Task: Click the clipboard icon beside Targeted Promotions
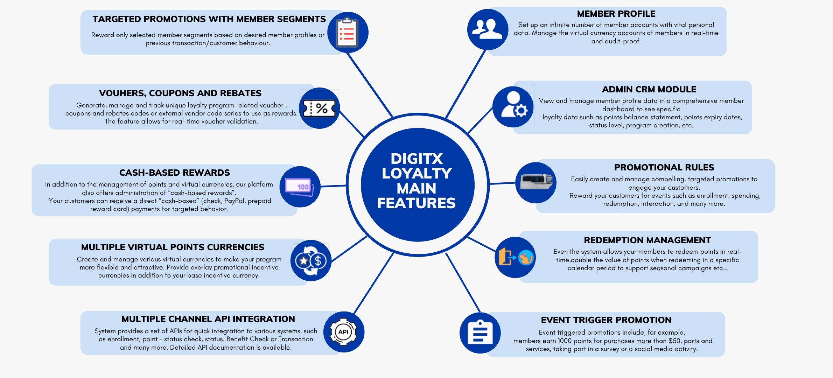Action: tap(347, 33)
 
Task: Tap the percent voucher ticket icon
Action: tap(319, 108)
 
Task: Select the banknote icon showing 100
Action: tap(300, 187)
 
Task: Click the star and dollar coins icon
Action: tap(311, 260)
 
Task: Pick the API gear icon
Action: tap(343, 332)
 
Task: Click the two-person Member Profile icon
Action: tap(487, 29)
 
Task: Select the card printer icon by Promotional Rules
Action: tap(536, 182)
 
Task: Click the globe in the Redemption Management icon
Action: tap(526, 258)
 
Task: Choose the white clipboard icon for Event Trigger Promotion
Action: tap(480, 332)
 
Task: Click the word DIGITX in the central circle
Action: tap(416, 159)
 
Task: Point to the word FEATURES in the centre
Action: tap(416, 203)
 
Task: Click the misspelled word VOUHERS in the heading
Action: tap(121, 93)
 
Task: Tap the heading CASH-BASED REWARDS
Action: tap(175, 173)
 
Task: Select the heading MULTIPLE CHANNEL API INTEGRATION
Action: tap(208, 319)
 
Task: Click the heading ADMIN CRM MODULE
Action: tap(649, 89)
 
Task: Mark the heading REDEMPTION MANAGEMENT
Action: tap(647, 240)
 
